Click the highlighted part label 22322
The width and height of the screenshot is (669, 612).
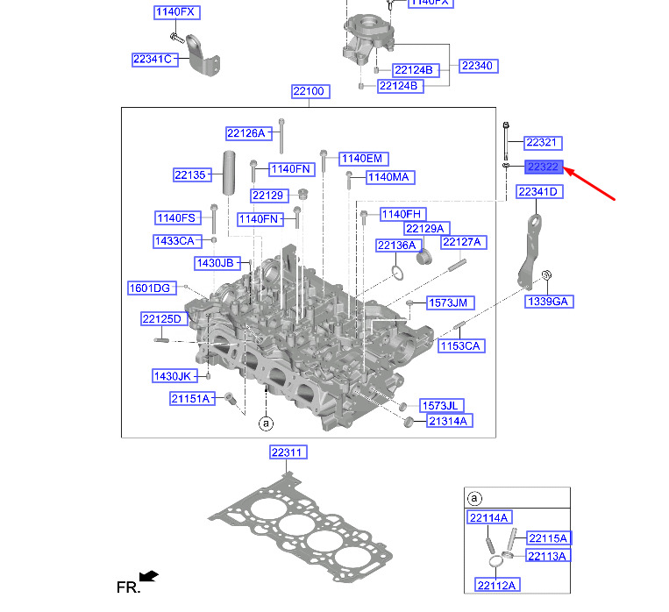click(x=543, y=167)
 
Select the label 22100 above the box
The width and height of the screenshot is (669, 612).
click(x=310, y=92)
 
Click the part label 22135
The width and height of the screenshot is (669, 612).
click(x=189, y=175)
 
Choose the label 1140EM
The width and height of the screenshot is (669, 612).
click(x=362, y=158)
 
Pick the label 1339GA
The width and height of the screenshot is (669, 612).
click(x=548, y=302)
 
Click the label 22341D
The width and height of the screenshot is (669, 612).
click(x=538, y=191)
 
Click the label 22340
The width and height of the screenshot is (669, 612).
click(x=478, y=66)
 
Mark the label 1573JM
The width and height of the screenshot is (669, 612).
click(x=451, y=302)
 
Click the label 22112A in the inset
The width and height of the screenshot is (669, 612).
click(x=497, y=585)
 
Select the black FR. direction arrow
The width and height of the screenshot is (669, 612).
click(x=149, y=576)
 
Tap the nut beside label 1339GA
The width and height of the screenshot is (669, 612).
click(x=544, y=279)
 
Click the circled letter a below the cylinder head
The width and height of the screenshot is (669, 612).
click(x=266, y=424)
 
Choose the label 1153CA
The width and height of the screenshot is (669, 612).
click(x=460, y=346)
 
